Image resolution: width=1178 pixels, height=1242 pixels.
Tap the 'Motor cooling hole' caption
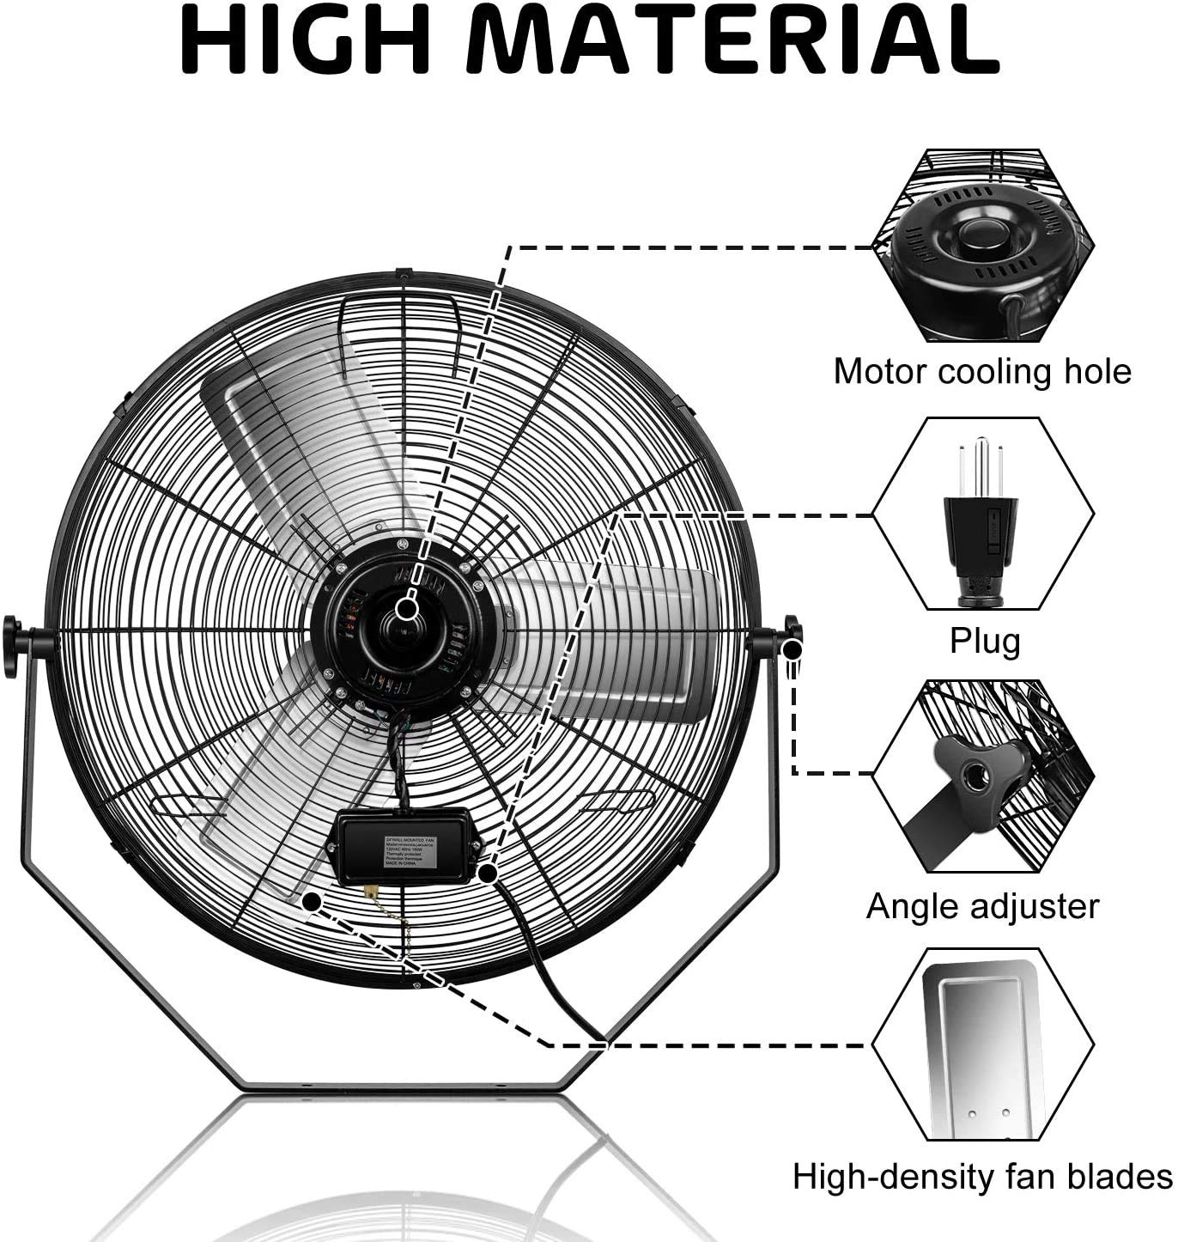tap(982, 372)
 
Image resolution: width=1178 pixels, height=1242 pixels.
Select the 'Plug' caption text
tap(984, 641)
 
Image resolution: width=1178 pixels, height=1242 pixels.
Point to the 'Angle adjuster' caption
tap(982, 907)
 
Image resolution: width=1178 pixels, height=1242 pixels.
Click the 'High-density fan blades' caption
tap(982, 1176)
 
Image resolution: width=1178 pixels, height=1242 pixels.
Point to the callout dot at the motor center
tap(407, 609)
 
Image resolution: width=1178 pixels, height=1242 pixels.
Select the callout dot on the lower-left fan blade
tap(313, 900)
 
